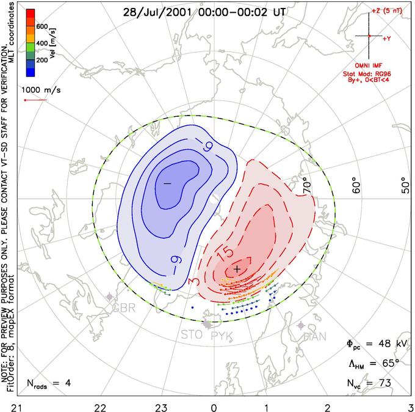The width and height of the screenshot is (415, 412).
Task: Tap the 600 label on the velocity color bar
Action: (x=42, y=27)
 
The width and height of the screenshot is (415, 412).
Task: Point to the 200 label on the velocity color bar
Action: (x=42, y=61)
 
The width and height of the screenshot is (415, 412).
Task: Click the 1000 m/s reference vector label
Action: (x=41, y=89)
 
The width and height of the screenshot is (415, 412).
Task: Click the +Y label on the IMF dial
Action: (x=386, y=38)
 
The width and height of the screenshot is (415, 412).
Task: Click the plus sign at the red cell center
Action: (x=237, y=269)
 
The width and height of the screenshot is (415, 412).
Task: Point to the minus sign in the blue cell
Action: (x=167, y=183)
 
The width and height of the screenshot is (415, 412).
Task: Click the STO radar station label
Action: (x=192, y=336)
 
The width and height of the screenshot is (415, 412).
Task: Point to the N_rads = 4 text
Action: (x=49, y=384)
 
